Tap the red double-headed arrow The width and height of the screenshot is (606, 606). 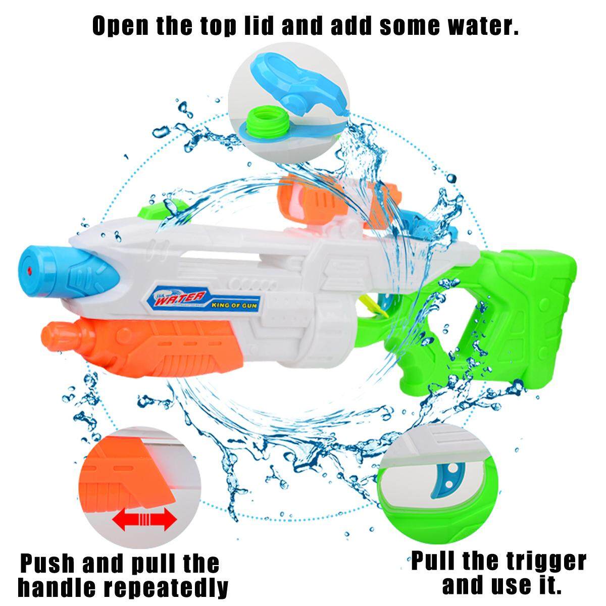(x=144, y=519)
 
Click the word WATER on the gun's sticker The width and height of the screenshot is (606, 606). (x=180, y=297)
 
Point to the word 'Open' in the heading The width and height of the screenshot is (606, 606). (x=120, y=26)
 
